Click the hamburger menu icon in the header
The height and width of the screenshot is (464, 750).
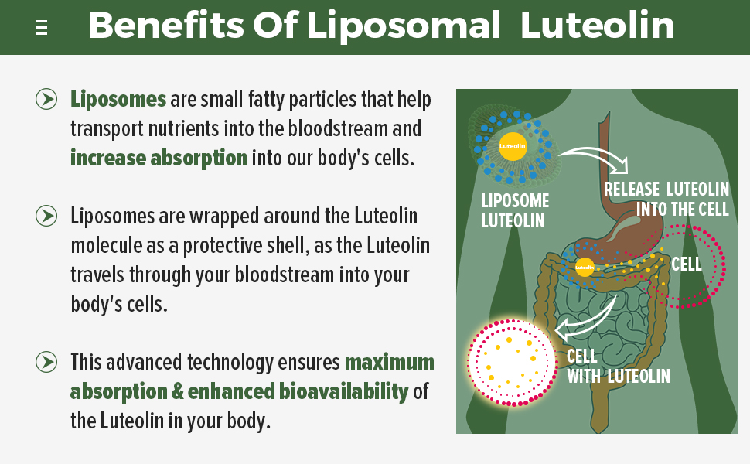[42, 28]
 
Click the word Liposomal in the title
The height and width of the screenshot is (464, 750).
[403, 26]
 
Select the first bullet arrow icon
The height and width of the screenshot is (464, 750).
[46, 99]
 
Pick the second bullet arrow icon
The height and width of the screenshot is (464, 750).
[46, 216]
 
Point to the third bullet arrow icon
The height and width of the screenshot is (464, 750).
[46, 361]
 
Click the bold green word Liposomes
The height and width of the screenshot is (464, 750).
[118, 99]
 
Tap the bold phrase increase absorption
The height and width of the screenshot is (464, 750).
[159, 158]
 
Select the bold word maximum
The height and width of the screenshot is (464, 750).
[389, 362]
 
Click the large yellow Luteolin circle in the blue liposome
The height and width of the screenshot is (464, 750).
[512, 145]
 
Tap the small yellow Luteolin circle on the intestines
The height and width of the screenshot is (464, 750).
[585, 268]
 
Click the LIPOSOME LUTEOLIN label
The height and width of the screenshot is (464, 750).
[515, 210]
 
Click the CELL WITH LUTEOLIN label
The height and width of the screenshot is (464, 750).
[617, 367]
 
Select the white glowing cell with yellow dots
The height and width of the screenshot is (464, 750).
[512, 362]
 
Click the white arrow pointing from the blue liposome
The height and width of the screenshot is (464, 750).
[595, 157]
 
